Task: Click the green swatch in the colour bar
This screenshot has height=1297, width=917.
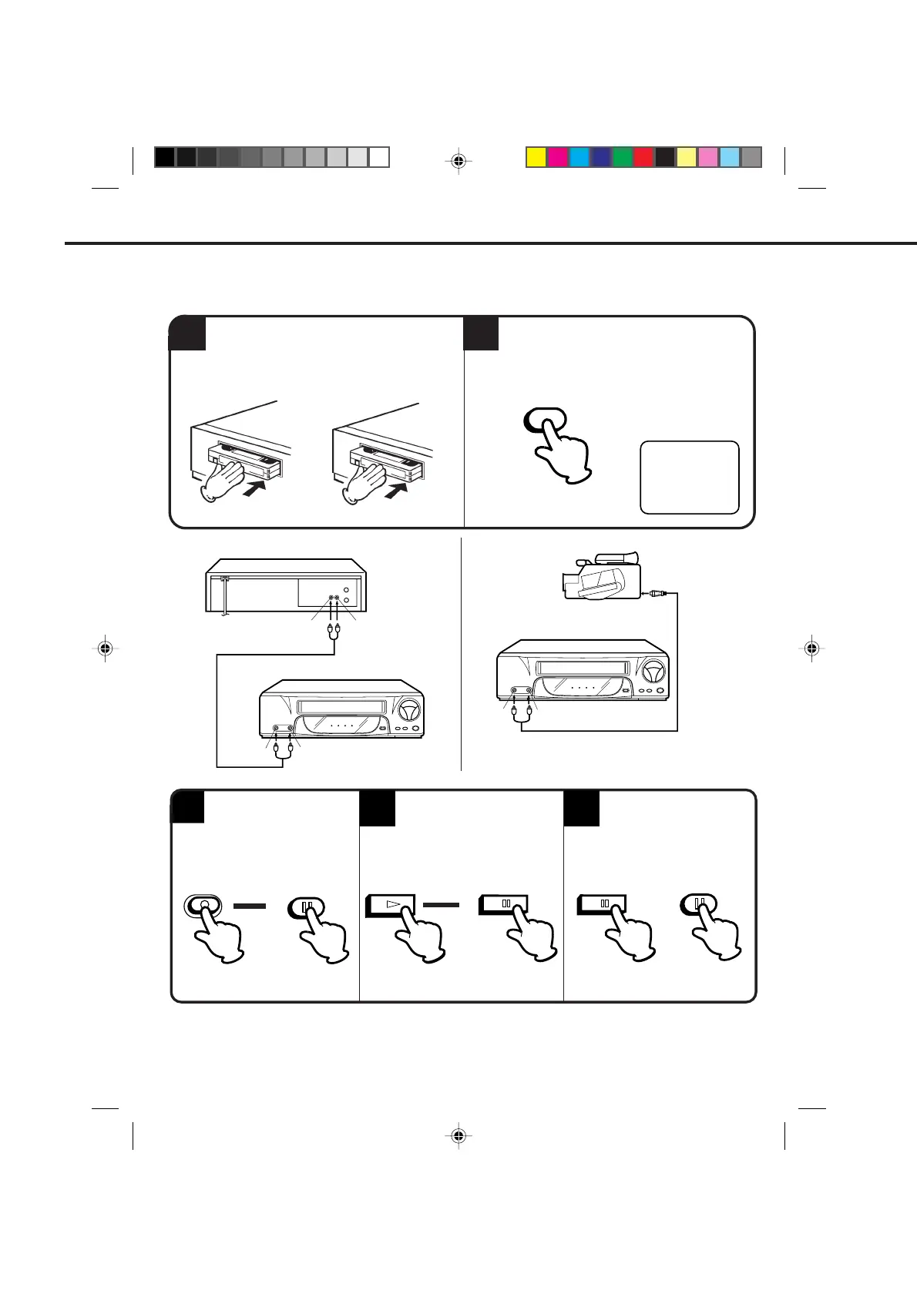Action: tap(622, 157)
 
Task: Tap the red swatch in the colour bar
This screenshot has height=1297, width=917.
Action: tap(643, 157)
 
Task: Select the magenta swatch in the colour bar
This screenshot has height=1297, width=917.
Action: tap(557, 157)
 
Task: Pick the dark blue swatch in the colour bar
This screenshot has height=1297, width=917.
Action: tap(600, 157)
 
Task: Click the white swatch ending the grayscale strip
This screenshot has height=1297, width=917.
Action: tap(379, 157)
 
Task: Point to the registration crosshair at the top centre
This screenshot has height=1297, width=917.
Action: tap(458, 161)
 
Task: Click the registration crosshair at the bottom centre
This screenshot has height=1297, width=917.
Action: tap(458, 1135)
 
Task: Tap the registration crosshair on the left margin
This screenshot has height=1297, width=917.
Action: tap(106, 649)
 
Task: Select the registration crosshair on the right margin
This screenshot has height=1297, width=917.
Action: tap(811, 649)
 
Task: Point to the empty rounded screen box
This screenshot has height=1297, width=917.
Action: tap(689, 477)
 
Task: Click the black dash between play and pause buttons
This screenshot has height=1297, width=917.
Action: tap(441, 904)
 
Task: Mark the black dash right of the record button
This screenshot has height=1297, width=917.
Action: tap(249, 907)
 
